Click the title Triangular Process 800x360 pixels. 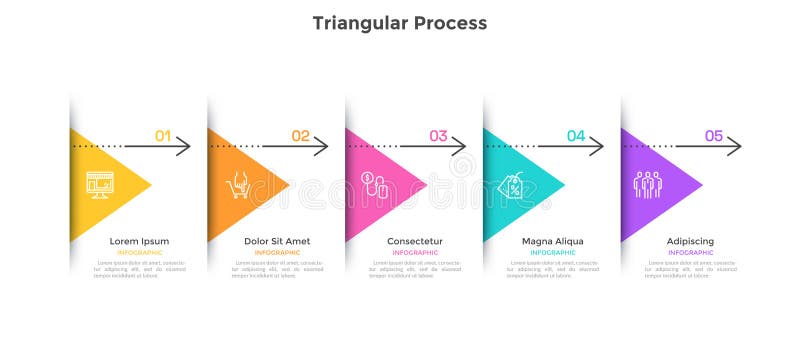click(x=400, y=22)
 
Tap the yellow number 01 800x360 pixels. click(x=163, y=135)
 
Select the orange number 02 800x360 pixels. click(x=301, y=135)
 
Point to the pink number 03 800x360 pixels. click(x=439, y=135)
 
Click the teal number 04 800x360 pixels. click(x=577, y=135)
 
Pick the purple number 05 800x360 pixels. click(x=714, y=135)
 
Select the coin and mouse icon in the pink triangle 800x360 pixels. click(x=375, y=185)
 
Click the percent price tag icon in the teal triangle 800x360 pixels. click(x=512, y=186)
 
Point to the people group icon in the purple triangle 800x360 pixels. click(x=647, y=185)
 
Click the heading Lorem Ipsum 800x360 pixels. click(x=139, y=241)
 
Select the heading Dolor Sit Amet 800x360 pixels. click(x=277, y=241)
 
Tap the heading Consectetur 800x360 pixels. click(x=415, y=241)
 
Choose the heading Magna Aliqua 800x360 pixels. click(x=553, y=241)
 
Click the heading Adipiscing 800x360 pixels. click(x=691, y=241)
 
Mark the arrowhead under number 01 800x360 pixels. click(x=185, y=147)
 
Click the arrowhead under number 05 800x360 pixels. click(x=736, y=147)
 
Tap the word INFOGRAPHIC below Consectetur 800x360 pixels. click(x=415, y=253)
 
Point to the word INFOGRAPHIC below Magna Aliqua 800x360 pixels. click(x=553, y=253)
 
